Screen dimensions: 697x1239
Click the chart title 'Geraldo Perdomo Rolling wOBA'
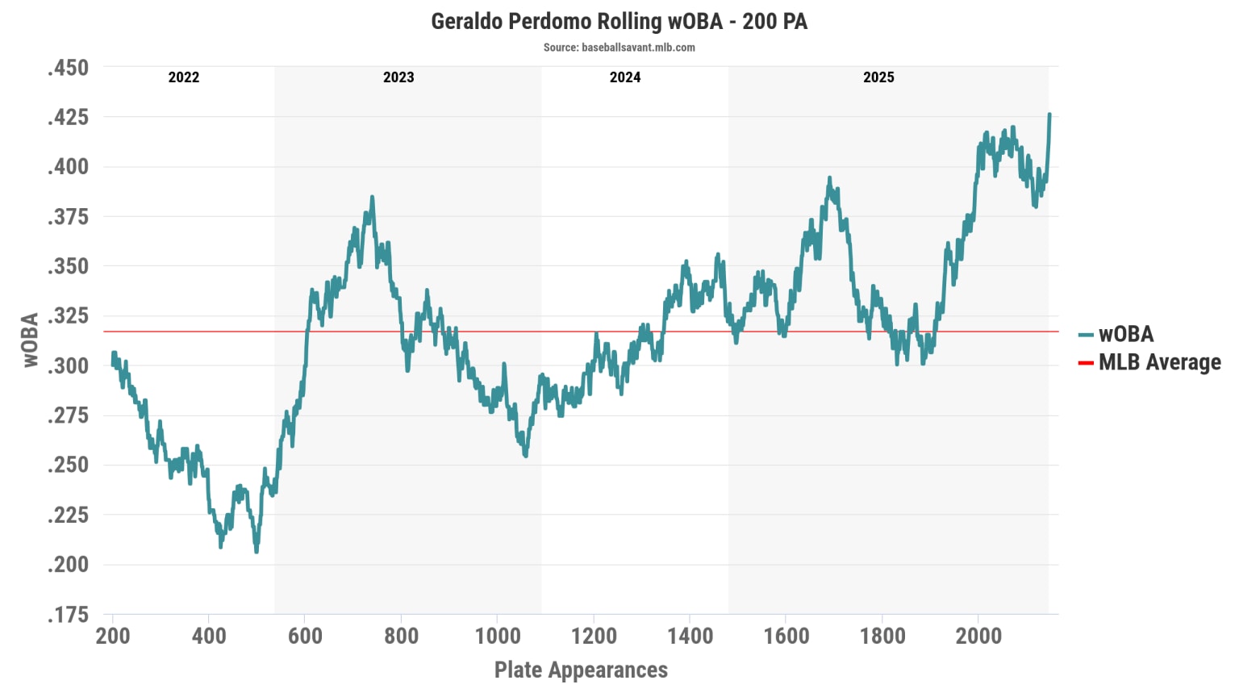coord(619,22)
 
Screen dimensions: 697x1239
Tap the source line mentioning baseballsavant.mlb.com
coord(619,48)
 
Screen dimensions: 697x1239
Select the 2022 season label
coord(183,77)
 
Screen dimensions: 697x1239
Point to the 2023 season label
coord(398,77)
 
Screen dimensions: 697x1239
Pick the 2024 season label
coord(625,77)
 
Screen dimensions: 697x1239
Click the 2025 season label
coord(878,77)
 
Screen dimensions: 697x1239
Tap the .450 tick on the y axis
coord(68,68)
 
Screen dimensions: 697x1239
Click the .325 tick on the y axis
coord(68,315)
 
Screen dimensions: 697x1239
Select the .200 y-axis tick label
coord(68,564)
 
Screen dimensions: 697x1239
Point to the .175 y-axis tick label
coord(68,614)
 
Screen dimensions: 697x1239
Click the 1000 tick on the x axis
coord(498,636)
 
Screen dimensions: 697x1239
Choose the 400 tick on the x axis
coord(209,636)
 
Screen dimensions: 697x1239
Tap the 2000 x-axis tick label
coord(978,636)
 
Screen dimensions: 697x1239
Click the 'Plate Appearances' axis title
coord(581,670)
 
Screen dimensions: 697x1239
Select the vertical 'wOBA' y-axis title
coord(31,340)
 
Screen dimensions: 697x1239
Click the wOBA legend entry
coord(1126,334)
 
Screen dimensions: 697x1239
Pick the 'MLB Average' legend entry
coord(1159,362)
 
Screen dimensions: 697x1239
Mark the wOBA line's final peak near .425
coord(1049,115)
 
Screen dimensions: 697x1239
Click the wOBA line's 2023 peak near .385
coord(372,197)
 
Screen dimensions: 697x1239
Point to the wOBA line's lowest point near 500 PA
coord(257,551)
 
